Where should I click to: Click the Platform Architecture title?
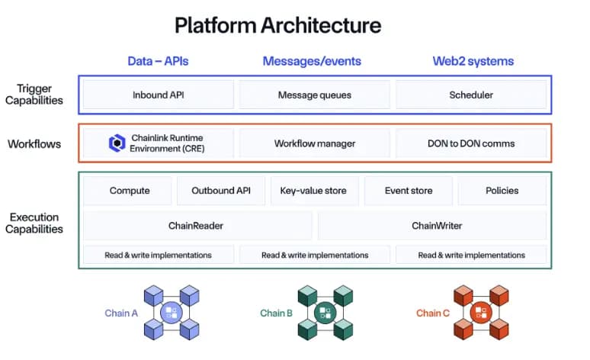(277, 26)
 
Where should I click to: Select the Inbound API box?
(159, 95)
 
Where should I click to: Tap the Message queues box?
(314, 95)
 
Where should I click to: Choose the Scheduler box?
(471, 95)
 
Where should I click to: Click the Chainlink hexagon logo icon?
(117, 143)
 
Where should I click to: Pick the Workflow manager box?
(314, 143)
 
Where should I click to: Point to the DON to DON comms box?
(471, 143)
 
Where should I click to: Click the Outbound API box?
(221, 191)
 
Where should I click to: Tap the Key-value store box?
(314, 191)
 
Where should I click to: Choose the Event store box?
(409, 191)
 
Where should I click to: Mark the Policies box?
(502, 191)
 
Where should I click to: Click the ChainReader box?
(197, 226)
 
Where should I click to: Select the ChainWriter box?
(432, 226)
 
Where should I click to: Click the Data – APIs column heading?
(158, 61)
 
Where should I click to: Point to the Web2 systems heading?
(473, 61)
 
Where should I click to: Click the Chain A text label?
(121, 313)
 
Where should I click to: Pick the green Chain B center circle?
(325, 312)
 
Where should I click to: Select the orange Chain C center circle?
(481, 312)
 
